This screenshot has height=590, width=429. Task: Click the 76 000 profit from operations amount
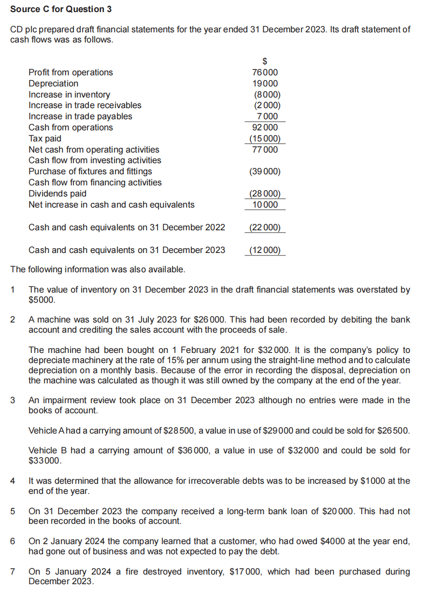[x=265, y=72]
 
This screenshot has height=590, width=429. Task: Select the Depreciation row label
[x=53, y=84]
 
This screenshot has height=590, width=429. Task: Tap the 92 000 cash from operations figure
[x=265, y=127]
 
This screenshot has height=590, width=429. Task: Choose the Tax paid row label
[x=45, y=139]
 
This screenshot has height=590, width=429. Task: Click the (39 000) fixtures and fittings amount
[x=265, y=171]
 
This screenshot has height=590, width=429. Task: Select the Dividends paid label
[x=57, y=194]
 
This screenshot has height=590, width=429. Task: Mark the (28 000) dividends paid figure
[x=265, y=194]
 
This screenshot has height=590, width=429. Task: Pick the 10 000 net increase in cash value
[x=265, y=205]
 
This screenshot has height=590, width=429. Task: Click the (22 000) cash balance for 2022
[x=265, y=227]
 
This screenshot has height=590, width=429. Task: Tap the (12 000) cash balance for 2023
[x=265, y=250]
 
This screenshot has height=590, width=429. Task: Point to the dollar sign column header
[x=265, y=61]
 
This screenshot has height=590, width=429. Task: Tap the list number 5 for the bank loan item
[x=13, y=511]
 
